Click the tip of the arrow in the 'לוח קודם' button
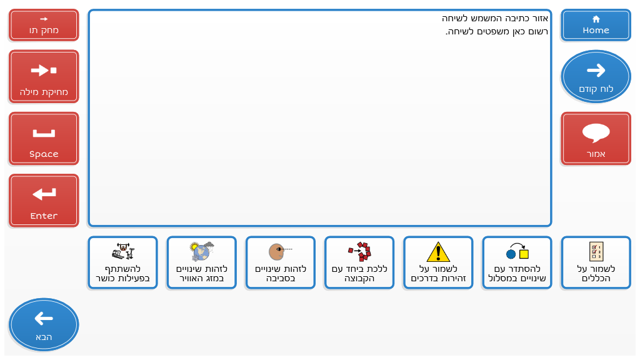[605, 70]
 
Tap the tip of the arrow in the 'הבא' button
[35, 318]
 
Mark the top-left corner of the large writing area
[89, 10]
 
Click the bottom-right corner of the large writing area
[551, 226]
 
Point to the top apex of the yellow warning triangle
[438, 242]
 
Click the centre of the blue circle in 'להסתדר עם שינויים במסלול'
[511, 254]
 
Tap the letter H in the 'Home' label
[586, 30]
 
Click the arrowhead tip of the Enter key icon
[33, 194]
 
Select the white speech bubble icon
[596, 133]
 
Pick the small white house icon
[596, 19]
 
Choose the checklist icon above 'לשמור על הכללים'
[596, 251]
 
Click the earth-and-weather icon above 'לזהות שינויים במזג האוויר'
[202, 251]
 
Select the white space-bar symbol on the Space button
[44, 133]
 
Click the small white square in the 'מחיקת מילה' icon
[54, 71]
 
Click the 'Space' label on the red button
[44, 154]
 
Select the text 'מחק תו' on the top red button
[44, 30]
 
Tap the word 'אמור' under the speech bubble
[596, 154]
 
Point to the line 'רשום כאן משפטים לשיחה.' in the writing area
[497, 31]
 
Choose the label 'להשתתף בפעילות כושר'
[123, 274]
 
